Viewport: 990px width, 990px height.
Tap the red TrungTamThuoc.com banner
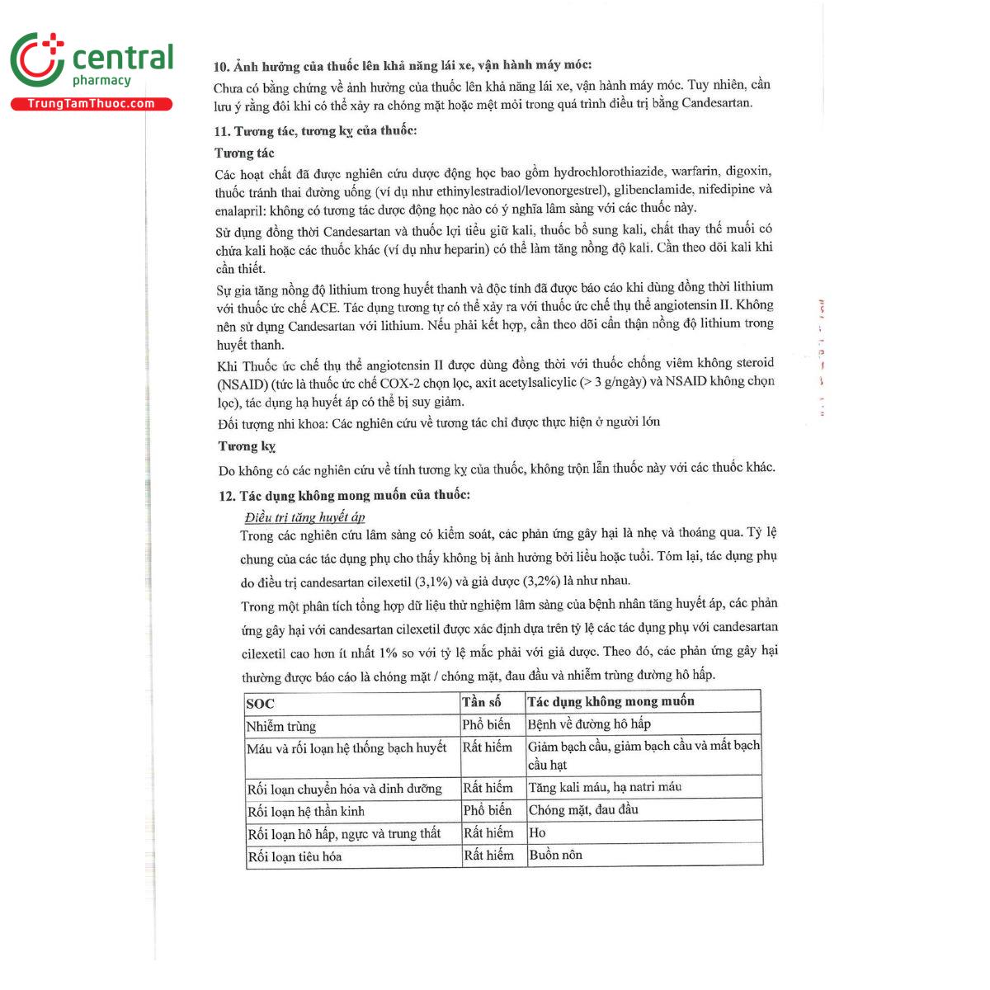point(91,104)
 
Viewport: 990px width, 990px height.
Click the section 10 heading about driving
point(402,65)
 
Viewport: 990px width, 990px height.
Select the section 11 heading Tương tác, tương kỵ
point(315,131)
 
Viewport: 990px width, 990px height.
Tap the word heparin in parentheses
point(458,249)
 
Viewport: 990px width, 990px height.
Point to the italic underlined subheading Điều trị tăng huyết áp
point(304,517)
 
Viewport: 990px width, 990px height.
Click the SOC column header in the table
point(261,704)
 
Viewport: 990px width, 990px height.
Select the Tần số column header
point(482,702)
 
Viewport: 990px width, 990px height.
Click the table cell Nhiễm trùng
point(281,727)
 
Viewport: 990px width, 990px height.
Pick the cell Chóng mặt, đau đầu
point(583,810)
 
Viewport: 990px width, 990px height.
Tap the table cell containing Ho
point(537,833)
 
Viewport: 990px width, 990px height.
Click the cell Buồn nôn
point(555,856)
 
